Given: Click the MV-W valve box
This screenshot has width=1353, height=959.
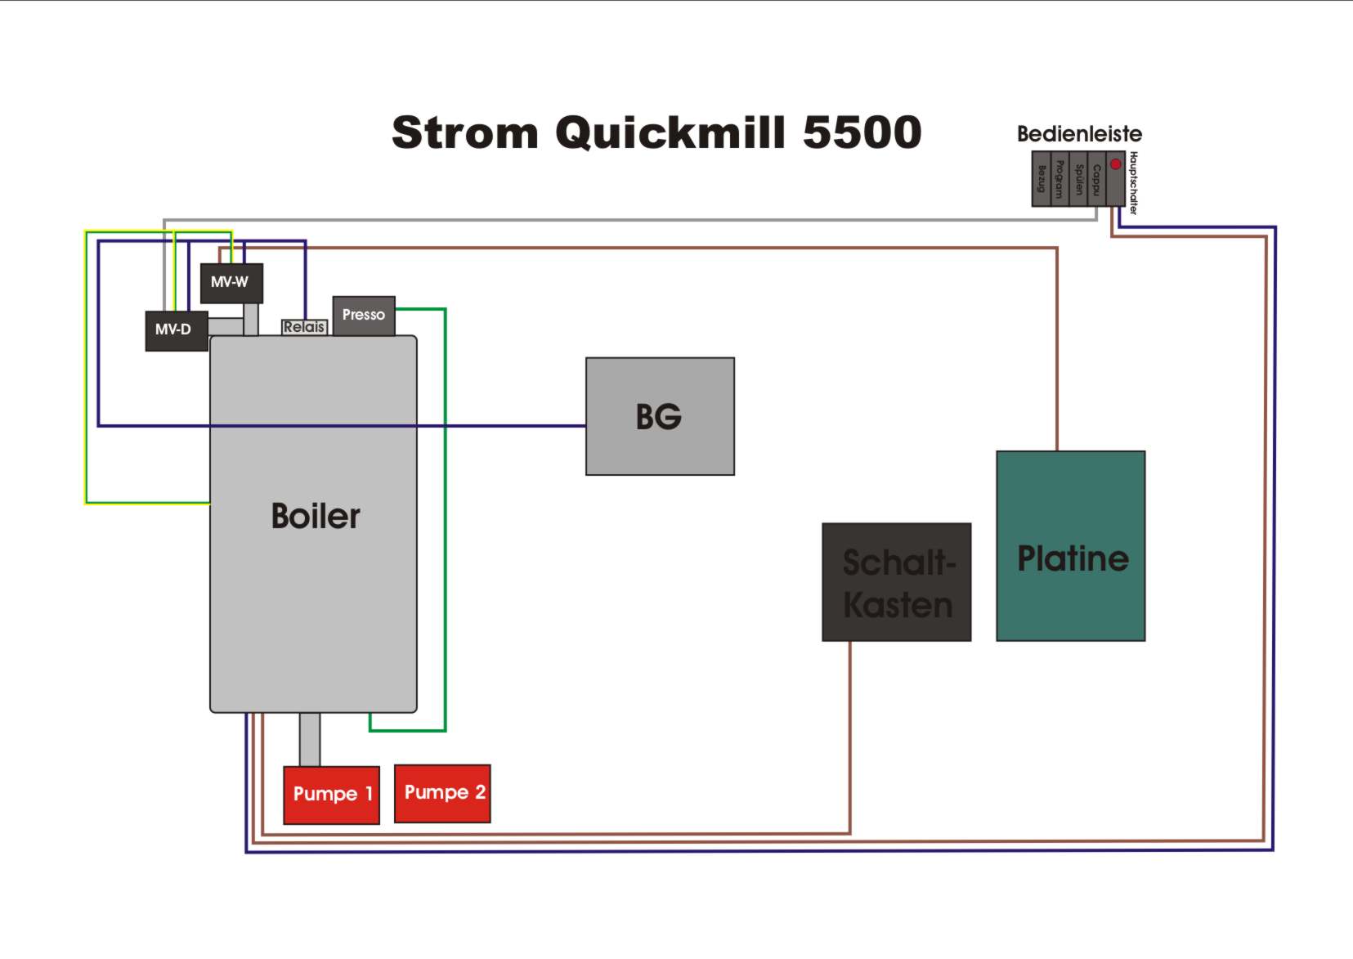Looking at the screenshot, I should coord(231,283).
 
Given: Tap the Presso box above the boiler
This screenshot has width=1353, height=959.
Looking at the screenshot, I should coord(364,316).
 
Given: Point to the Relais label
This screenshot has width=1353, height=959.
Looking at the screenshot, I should coord(304,327).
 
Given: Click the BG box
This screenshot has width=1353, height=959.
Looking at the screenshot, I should coord(660,416).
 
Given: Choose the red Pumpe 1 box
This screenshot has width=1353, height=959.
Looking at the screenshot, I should coord(331,795).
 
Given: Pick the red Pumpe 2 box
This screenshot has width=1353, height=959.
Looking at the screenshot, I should coord(442,793).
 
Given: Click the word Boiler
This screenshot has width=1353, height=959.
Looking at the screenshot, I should coord(316,517).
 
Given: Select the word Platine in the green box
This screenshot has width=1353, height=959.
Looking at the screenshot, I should coord(1073,559).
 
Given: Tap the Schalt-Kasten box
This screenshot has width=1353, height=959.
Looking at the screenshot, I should coord(897,582).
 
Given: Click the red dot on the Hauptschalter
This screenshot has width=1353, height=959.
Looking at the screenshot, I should coord(1115,164).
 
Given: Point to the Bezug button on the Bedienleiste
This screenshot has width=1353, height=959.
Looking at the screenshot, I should coord(1041,179).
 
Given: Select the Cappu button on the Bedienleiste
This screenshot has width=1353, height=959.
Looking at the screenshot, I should coord(1096,179).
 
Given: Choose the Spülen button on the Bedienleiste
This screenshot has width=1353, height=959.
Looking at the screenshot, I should coord(1078,179).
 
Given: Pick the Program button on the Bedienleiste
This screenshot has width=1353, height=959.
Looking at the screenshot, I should coord(1060,179).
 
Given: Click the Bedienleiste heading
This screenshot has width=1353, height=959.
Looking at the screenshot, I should coord(1079,134).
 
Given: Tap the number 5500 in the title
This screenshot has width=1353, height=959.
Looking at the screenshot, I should coord(862,132).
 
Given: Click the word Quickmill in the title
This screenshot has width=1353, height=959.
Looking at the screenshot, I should coord(670,132).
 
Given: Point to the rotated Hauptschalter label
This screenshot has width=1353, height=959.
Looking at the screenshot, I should coord(1134,183).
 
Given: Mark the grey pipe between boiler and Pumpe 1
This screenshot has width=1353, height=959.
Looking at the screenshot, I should coord(309,739).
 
